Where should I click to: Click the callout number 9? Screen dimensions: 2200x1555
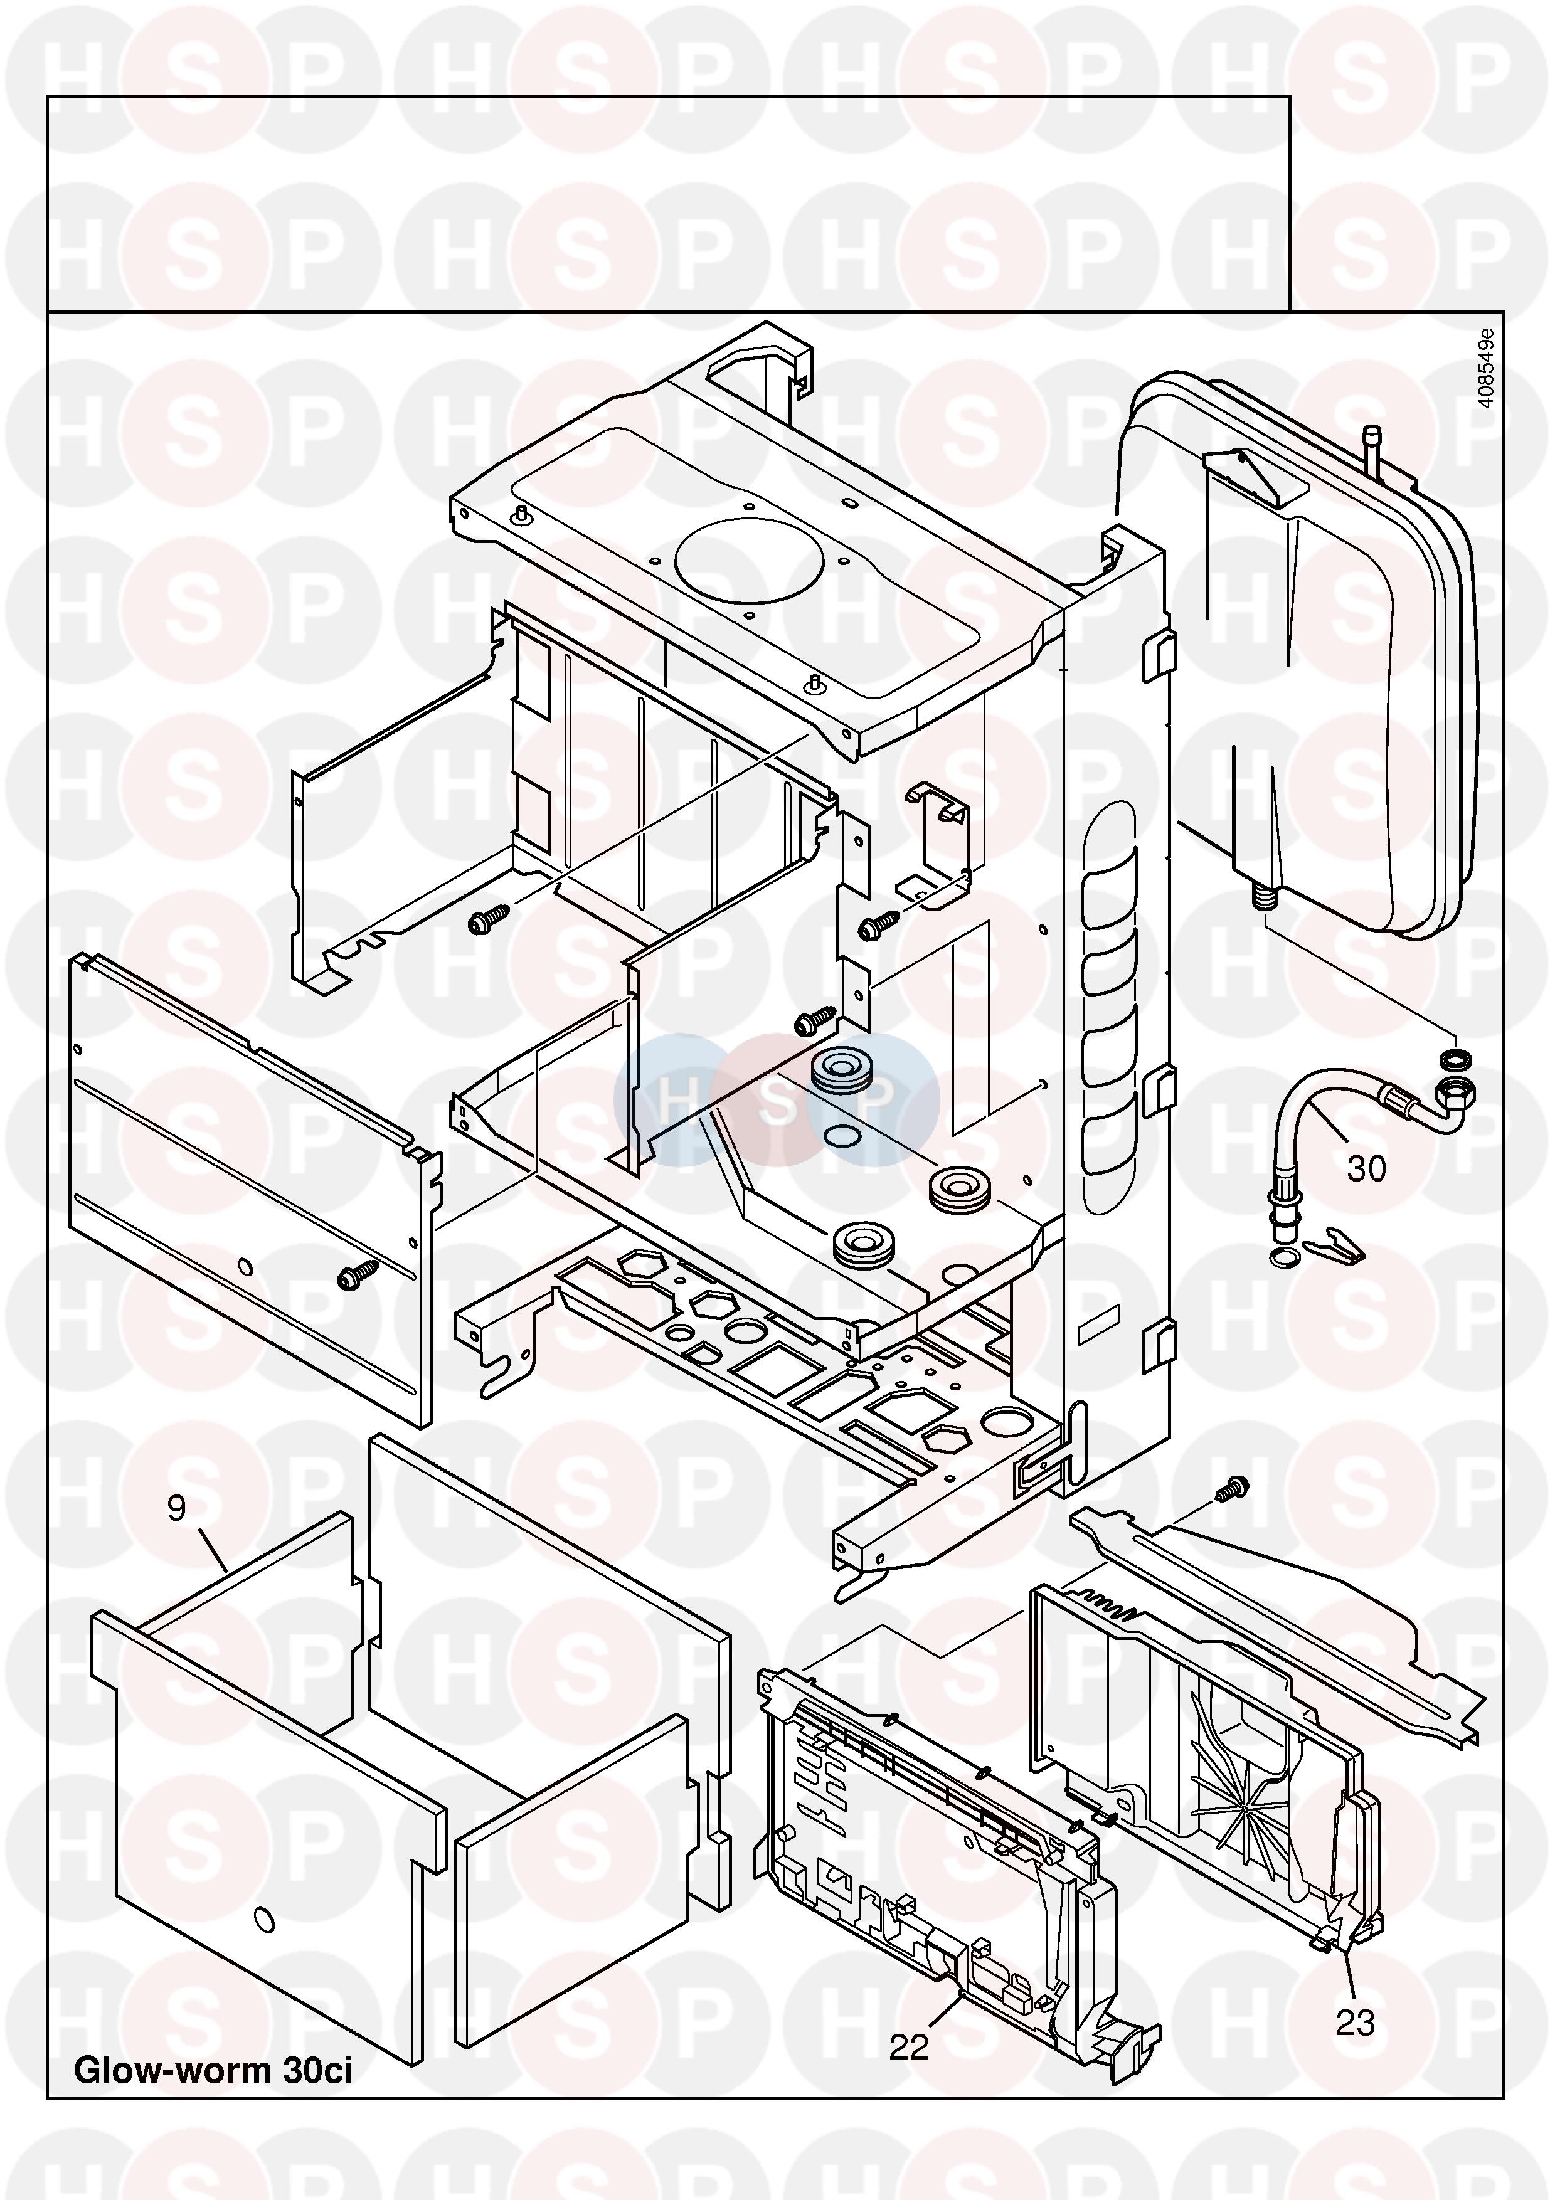click(x=176, y=1508)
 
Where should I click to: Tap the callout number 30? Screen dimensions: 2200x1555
click(x=1366, y=1169)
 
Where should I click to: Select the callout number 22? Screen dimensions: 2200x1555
click(x=908, y=2047)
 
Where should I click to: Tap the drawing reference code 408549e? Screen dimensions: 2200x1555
click(x=1485, y=368)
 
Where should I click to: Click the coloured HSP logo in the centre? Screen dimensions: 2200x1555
click(x=776, y=1100)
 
